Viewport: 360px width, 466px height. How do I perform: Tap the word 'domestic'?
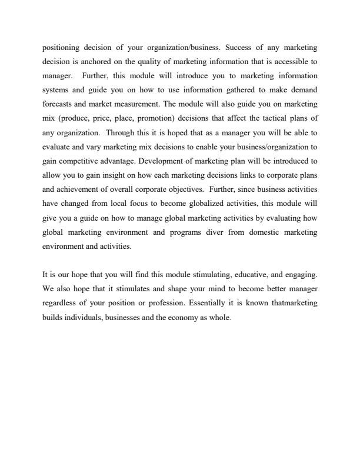(x=264, y=234)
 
